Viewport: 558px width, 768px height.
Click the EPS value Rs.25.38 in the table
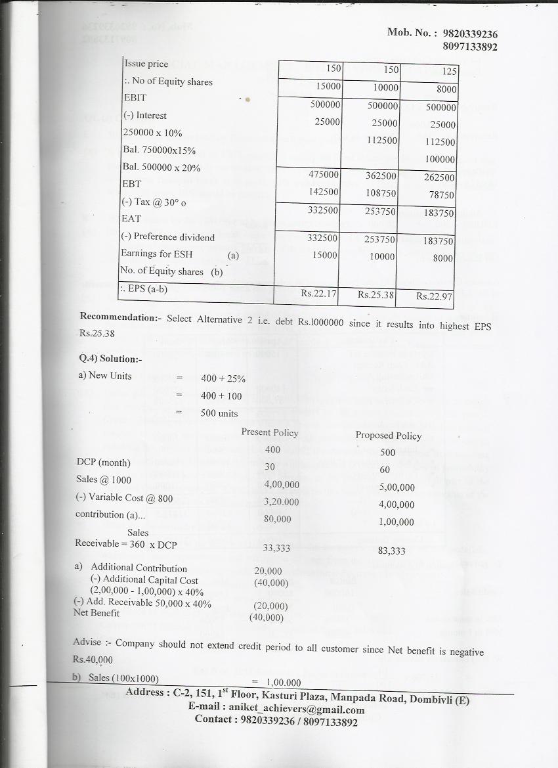click(376, 295)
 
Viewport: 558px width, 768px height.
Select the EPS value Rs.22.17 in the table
click(318, 293)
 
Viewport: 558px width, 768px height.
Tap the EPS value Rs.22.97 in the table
click(435, 296)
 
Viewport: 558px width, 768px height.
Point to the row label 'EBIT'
click(135, 98)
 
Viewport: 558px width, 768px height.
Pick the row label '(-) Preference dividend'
click(168, 237)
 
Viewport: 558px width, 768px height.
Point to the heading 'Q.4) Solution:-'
click(110, 359)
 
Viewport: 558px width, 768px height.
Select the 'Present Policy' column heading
click(270, 432)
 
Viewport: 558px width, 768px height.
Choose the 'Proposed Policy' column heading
click(389, 436)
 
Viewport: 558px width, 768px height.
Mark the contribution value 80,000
click(277, 519)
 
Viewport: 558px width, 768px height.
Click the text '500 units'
click(220, 413)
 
